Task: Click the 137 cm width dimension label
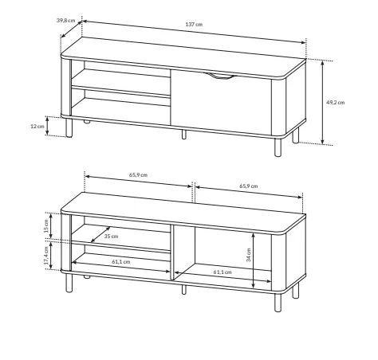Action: pos(194,25)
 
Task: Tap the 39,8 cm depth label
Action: pos(65,20)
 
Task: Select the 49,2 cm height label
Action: pos(336,103)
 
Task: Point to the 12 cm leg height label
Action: pos(37,127)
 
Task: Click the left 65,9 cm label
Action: pos(138,175)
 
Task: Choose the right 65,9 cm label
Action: pos(249,186)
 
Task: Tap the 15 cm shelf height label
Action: pos(46,225)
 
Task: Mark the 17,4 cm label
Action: pos(46,256)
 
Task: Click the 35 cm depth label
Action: pos(111,237)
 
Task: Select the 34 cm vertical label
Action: pos(249,255)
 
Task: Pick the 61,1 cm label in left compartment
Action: pos(121,262)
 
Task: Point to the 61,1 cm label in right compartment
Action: pos(222,272)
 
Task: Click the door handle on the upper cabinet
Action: pos(219,76)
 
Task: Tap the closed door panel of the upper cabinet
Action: pos(221,102)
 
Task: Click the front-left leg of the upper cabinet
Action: pos(69,127)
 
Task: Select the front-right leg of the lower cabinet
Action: pos(278,303)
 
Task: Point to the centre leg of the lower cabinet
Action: pos(184,290)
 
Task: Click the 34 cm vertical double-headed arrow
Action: pos(254,260)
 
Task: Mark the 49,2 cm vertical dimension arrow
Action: pos(323,103)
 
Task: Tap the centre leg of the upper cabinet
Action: pos(184,135)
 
